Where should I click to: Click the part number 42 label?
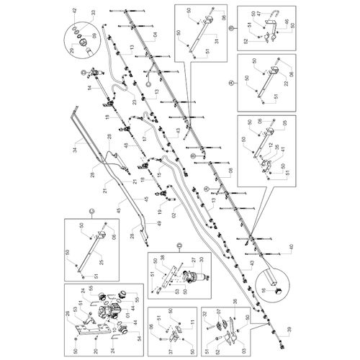click(73, 10)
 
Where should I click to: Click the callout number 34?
click(73, 150)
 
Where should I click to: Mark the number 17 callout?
click(144, 138)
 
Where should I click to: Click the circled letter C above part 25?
click(92, 210)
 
